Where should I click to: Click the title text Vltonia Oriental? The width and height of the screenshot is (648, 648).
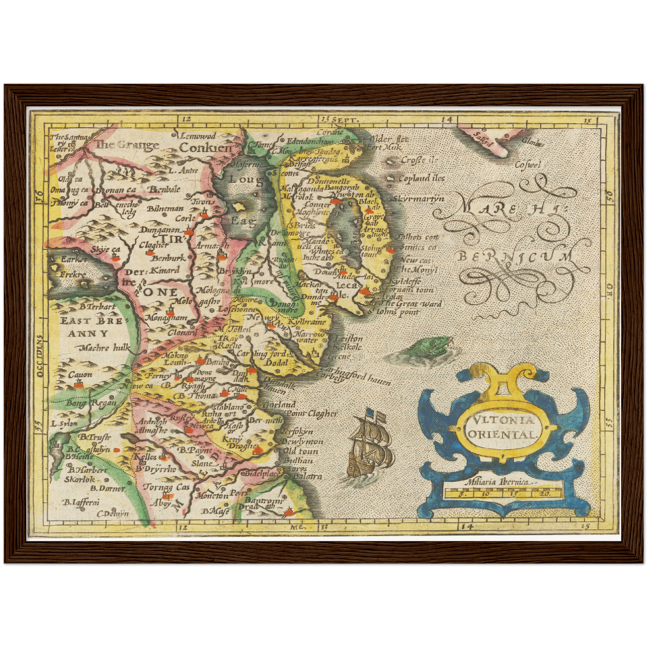click(x=502, y=427)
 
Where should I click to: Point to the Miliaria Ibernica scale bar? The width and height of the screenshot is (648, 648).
click(x=502, y=492)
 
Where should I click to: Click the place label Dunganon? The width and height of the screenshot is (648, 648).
click(x=160, y=230)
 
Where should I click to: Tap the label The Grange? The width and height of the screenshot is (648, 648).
click(x=127, y=144)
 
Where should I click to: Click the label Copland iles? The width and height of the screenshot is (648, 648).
click(x=422, y=178)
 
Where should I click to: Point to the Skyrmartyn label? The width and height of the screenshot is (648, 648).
click(x=419, y=198)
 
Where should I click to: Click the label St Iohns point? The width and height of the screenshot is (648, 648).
click(x=395, y=312)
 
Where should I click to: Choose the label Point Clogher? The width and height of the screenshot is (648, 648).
click(x=311, y=413)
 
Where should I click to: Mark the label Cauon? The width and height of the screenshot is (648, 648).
click(x=80, y=375)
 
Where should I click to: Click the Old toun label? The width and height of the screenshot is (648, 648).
click(x=300, y=451)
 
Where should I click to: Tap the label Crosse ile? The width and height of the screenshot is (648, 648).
click(x=419, y=160)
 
